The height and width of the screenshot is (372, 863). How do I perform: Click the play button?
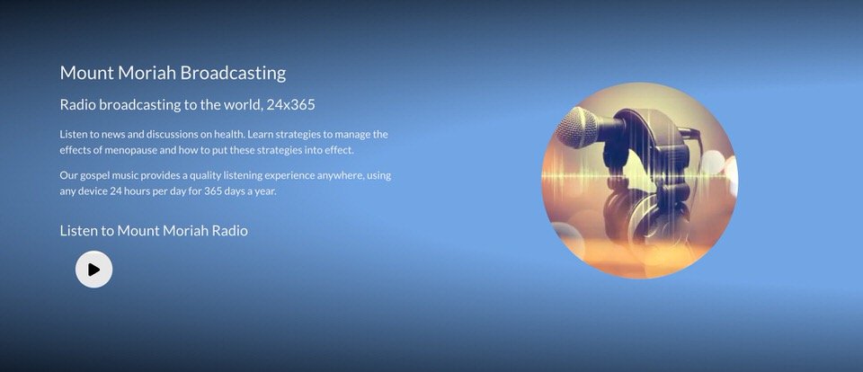[x=94, y=269]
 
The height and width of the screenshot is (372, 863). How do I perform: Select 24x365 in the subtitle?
[x=290, y=104]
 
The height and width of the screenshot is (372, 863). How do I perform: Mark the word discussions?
[x=173, y=134]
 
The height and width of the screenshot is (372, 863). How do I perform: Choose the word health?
[x=230, y=134]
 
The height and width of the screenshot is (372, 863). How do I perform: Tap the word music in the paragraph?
[x=125, y=176]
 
